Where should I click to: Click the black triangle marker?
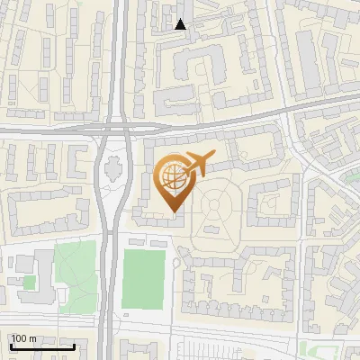point(181,24)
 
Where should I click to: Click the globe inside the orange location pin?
point(171,178)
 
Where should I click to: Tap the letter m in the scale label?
point(32,338)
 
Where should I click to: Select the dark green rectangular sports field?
point(145,277)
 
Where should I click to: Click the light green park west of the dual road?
point(74,268)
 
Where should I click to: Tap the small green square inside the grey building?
point(30,283)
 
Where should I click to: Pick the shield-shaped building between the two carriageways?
point(114,166)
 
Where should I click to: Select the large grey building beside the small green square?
point(36,270)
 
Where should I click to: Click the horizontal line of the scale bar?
point(41,346)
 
